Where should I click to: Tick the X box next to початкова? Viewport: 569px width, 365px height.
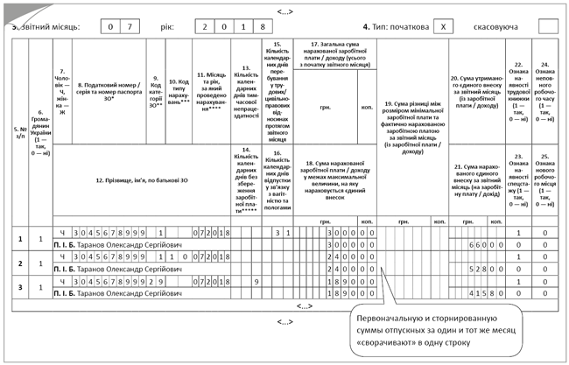(x=446, y=26)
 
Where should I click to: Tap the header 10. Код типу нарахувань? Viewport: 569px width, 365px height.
(x=179, y=86)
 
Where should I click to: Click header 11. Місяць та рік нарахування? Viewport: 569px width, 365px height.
(x=213, y=86)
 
